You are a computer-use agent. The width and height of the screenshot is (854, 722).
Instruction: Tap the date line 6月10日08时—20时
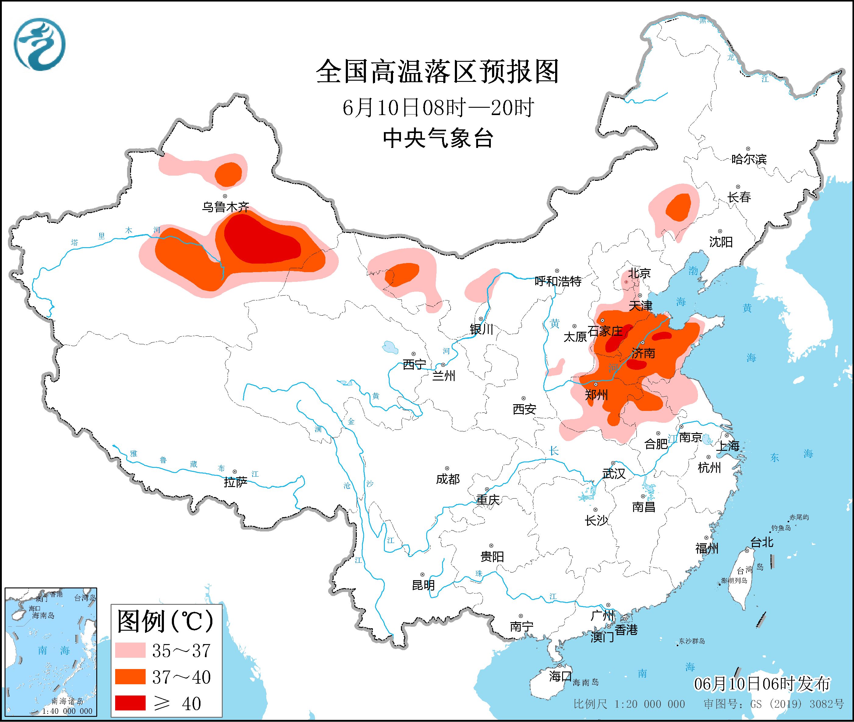[x=438, y=108]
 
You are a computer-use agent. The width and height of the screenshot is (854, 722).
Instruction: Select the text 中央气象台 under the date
[x=438, y=138]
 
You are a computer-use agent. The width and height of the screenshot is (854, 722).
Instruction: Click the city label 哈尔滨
[x=749, y=159]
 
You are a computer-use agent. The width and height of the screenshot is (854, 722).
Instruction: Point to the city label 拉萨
[x=236, y=482]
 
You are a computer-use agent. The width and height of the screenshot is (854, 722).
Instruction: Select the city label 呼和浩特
[x=558, y=281]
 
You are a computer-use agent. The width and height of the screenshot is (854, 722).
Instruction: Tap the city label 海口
[x=560, y=676]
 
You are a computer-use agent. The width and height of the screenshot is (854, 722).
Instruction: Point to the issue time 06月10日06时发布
[x=762, y=684]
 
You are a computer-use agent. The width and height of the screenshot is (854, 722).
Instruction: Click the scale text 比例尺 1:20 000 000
[x=629, y=704]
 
